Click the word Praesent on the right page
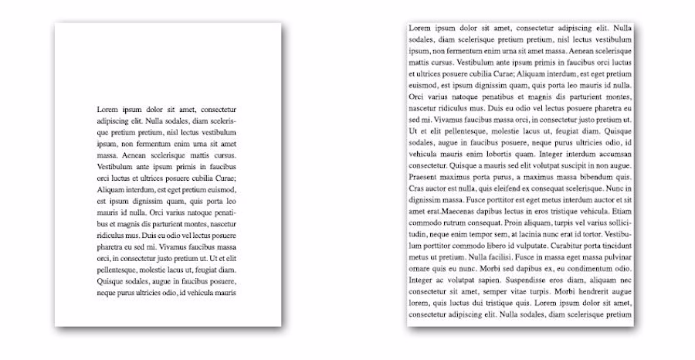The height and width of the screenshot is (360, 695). tap(425, 177)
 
